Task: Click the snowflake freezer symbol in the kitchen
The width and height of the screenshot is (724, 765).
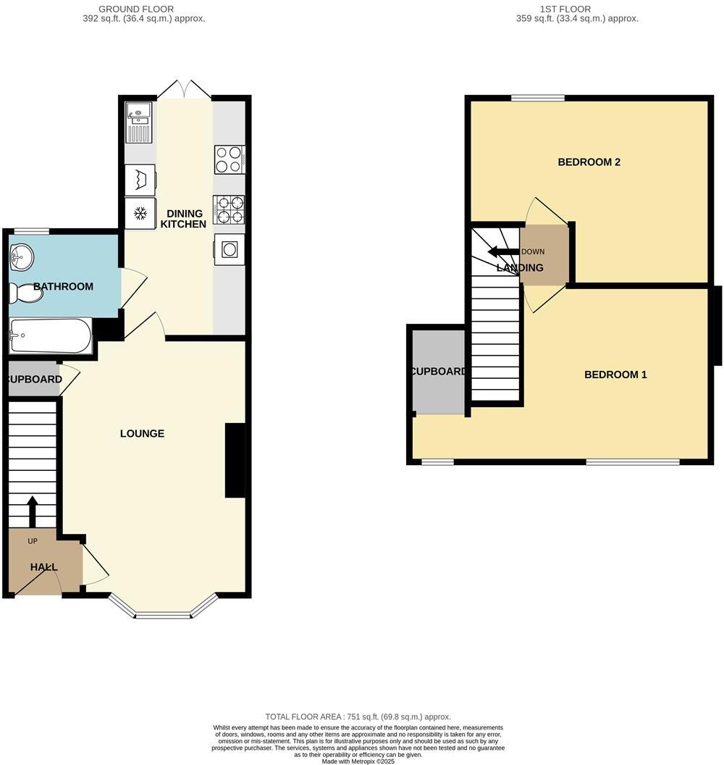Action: [x=140, y=214]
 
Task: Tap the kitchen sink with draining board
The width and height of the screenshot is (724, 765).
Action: [x=139, y=122]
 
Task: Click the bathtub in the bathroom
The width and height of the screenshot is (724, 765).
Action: [x=50, y=336]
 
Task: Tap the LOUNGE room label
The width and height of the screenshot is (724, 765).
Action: [x=142, y=433]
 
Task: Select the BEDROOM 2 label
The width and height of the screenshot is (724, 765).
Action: [x=589, y=162]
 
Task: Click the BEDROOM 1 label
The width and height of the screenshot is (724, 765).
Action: [x=615, y=375]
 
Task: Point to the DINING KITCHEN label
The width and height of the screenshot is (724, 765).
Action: [x=178, y=219]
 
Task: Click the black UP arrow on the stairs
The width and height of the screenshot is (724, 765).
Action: [x=33, y=511]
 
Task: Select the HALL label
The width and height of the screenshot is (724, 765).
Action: [x=43, y=567]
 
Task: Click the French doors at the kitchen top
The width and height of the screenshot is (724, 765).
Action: [x=185, y=90]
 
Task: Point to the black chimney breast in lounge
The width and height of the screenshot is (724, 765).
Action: [x=235, y=461]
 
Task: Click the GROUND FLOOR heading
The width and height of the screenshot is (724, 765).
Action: [x=143, y=9]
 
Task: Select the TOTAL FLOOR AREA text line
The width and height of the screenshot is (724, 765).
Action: [x=358, y=716]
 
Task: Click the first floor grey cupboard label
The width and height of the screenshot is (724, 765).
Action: [x=439, y=372]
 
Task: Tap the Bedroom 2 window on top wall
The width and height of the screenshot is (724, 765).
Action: [x=537, y=98]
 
